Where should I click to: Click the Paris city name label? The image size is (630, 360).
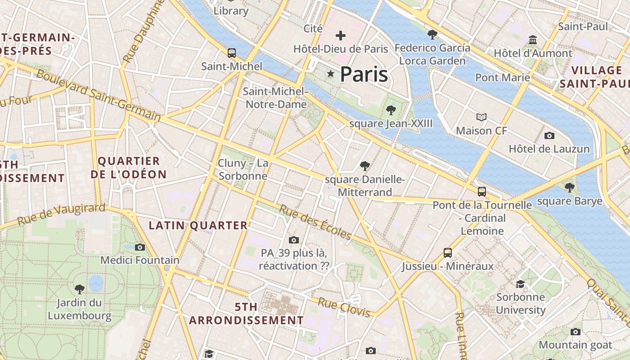(364, 74)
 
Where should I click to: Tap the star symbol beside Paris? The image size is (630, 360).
(331, 73)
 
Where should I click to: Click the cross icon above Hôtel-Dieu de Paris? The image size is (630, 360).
(341, 35)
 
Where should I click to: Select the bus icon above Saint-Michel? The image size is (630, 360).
(232, 53)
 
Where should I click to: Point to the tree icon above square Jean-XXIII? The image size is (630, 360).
(391, 110)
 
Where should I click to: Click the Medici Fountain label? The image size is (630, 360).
(139, 260)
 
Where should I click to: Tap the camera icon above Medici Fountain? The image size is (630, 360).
(140, 247)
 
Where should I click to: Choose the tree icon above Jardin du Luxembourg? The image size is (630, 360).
(80, 289)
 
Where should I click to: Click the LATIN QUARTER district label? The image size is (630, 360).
(198, 225)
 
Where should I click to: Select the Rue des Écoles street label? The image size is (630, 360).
(315, 222)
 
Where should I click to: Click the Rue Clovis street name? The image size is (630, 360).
(344, 307)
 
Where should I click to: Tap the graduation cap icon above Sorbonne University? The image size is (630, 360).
(521, 284)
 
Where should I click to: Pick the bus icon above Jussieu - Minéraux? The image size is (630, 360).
(447, 253)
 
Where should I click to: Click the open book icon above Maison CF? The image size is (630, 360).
(481, 117)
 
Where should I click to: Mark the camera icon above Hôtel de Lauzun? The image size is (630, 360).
(549, 135)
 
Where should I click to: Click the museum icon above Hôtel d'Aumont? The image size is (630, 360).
(533, 40)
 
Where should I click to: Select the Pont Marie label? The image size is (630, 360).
(503, 77)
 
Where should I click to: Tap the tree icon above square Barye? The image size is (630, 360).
(570, 187)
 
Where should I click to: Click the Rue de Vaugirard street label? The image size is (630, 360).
(61, 215)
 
